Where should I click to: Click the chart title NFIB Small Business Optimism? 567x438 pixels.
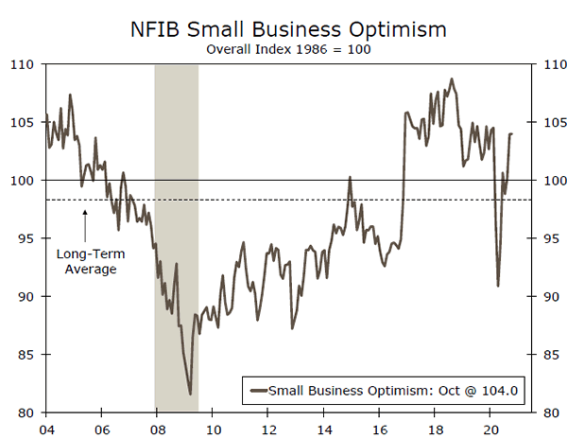pyautogui.click(x=288, y=27)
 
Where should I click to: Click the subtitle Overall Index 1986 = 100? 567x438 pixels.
pyautogui.click(x=288, y=46)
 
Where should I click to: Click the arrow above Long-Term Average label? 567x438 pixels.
pyautogui.click(x=85, y=225)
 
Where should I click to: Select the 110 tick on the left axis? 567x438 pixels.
pyautogui.click(x=23, y=64)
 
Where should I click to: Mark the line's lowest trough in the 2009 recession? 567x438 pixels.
pyautogui.click(x=191, y=394)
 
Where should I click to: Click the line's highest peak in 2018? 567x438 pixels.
pyautogui.click(x=452, y=79)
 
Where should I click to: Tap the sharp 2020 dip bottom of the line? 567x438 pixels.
pyautogui.click(x=498, y=286)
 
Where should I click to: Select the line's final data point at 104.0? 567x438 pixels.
pyautogui.click(x=512, y=133)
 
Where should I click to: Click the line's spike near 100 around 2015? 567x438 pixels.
pyautogui.click(x=350, y=177)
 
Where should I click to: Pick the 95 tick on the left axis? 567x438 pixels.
pyautogui.click(x=23, y=238)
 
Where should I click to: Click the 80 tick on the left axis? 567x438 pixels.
pyautogui.click(x=23, y=412)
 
